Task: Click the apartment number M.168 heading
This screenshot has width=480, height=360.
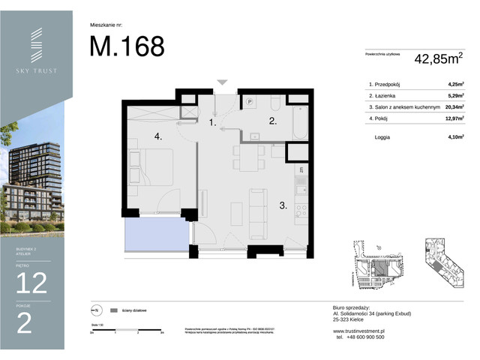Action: [127, 46]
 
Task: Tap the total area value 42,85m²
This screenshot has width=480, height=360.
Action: [437, 57]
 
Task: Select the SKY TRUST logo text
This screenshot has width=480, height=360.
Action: [36, 71]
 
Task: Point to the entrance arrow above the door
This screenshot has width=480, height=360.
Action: [221, 82]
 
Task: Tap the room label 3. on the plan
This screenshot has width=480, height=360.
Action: [284, 204]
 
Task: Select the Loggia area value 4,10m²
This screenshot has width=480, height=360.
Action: [454, 136]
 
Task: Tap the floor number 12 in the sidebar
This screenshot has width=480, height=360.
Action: [31, 283]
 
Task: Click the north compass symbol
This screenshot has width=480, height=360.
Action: [95, 310]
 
